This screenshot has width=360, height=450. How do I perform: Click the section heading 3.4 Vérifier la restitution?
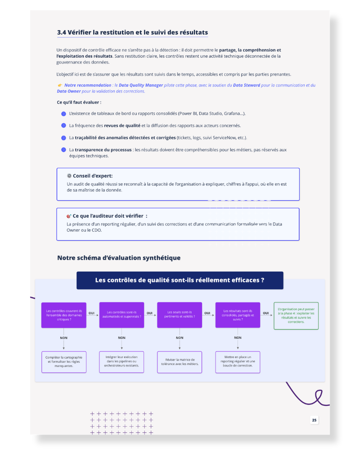(132, 32)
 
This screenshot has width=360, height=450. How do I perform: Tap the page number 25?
(315, 420)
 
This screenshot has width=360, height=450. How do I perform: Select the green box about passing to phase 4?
(296, 316)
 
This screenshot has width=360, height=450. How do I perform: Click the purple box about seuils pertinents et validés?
(180, 315)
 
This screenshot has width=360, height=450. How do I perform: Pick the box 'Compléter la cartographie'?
(64, 362)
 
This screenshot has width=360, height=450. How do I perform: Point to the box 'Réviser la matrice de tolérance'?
(180, 362)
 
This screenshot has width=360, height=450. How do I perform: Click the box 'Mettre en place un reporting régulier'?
(238, 362)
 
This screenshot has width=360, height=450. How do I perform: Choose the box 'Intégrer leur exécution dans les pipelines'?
(121, 362)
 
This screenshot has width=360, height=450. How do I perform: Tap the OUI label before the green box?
(266, 313)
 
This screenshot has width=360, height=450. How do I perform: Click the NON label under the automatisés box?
(121, 338)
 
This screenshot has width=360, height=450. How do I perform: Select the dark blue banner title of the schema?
(180, 280)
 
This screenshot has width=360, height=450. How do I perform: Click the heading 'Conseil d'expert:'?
(93, 176)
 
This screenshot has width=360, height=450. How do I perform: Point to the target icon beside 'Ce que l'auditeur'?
(69, 216)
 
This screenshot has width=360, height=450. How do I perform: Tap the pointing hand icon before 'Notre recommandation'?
(60, 85)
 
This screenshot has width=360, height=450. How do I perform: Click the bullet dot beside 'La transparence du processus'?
(64, 150)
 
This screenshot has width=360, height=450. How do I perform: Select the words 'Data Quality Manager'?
(141, 85)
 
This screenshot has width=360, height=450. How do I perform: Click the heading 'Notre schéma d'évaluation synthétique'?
(119, 258)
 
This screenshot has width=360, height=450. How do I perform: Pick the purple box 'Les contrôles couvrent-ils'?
(64, 315)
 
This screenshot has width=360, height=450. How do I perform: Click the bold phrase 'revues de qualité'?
(122, 126)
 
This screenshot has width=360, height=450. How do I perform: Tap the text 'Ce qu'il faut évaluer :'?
(79, 103)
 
